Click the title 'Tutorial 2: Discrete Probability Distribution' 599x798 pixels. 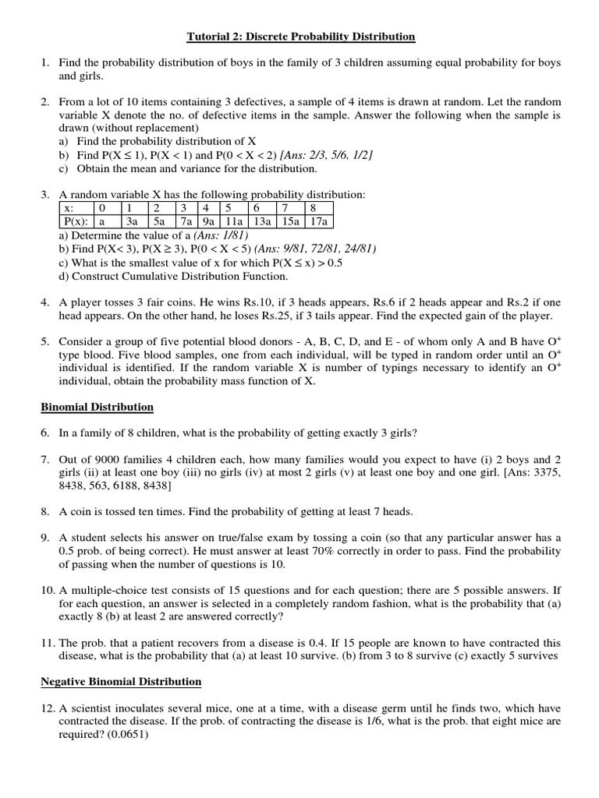tap(300, 37)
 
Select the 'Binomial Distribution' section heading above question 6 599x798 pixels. tap(97, 407)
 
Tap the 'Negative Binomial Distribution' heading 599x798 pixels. tap(121, 681)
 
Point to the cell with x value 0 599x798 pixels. tap(101, 208)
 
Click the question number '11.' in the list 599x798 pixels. tap(48, 643)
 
